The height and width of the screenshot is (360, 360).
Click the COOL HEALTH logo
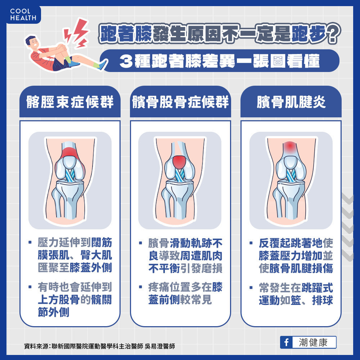point(23,14)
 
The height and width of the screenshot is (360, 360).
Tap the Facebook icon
point(286,342)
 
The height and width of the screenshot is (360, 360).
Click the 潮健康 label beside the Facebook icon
point(313,342)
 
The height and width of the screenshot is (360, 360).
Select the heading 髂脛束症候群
point(70,102)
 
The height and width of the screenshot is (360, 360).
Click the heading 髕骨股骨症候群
point(180,102)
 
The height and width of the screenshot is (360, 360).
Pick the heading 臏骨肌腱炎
point(291,102)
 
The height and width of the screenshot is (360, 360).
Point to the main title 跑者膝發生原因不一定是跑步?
point(219,36)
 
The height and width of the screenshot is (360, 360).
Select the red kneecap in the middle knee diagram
point(180,162)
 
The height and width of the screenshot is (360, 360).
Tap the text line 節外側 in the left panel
point(53,312)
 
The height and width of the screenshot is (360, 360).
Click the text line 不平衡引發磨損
point(185,268)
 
